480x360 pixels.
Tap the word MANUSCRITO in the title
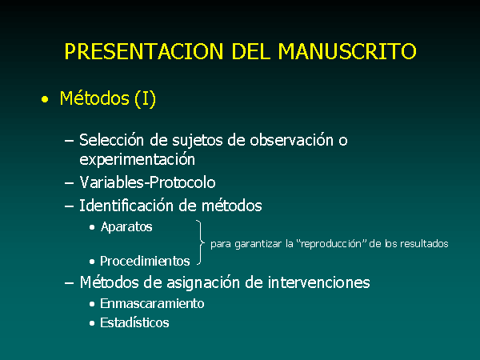click(347, 51)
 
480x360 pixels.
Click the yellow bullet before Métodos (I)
click(45, 99)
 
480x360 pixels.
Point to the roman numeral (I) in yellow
click(145, 98)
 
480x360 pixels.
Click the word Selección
click(111, 140)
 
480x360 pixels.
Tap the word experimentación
click(137, 160)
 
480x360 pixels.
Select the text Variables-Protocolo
click(147, 182)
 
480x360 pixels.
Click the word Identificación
click(127, 205)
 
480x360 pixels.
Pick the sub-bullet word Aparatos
click(126, 227)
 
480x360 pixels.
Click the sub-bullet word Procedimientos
click(145, 261)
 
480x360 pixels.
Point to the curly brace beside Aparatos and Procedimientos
click(201, 242)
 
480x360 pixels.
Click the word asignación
click(202, 282)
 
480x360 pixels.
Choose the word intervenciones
click(318, 282)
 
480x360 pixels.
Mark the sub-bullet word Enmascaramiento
click(152, 303)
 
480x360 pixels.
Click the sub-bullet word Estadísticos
click(134, 322)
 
